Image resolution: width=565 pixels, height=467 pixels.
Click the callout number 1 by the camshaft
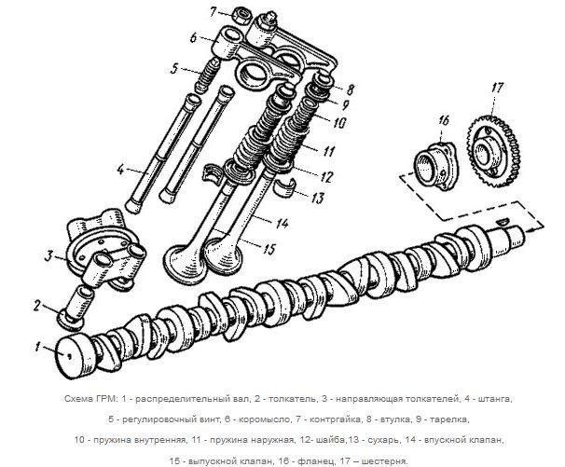(x=35, y=347)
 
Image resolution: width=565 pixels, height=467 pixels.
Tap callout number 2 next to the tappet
(x=37, y=305)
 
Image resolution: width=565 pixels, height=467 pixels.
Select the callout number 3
(x=47, y=254)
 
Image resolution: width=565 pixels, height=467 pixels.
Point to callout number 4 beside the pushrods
(x=119, y=169)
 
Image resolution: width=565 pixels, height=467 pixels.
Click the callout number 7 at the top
(x=214, y=11)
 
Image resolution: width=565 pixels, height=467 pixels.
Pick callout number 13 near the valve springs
(x=318, y=197)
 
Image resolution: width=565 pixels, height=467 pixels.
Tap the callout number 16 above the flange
(x=443, y=120)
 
